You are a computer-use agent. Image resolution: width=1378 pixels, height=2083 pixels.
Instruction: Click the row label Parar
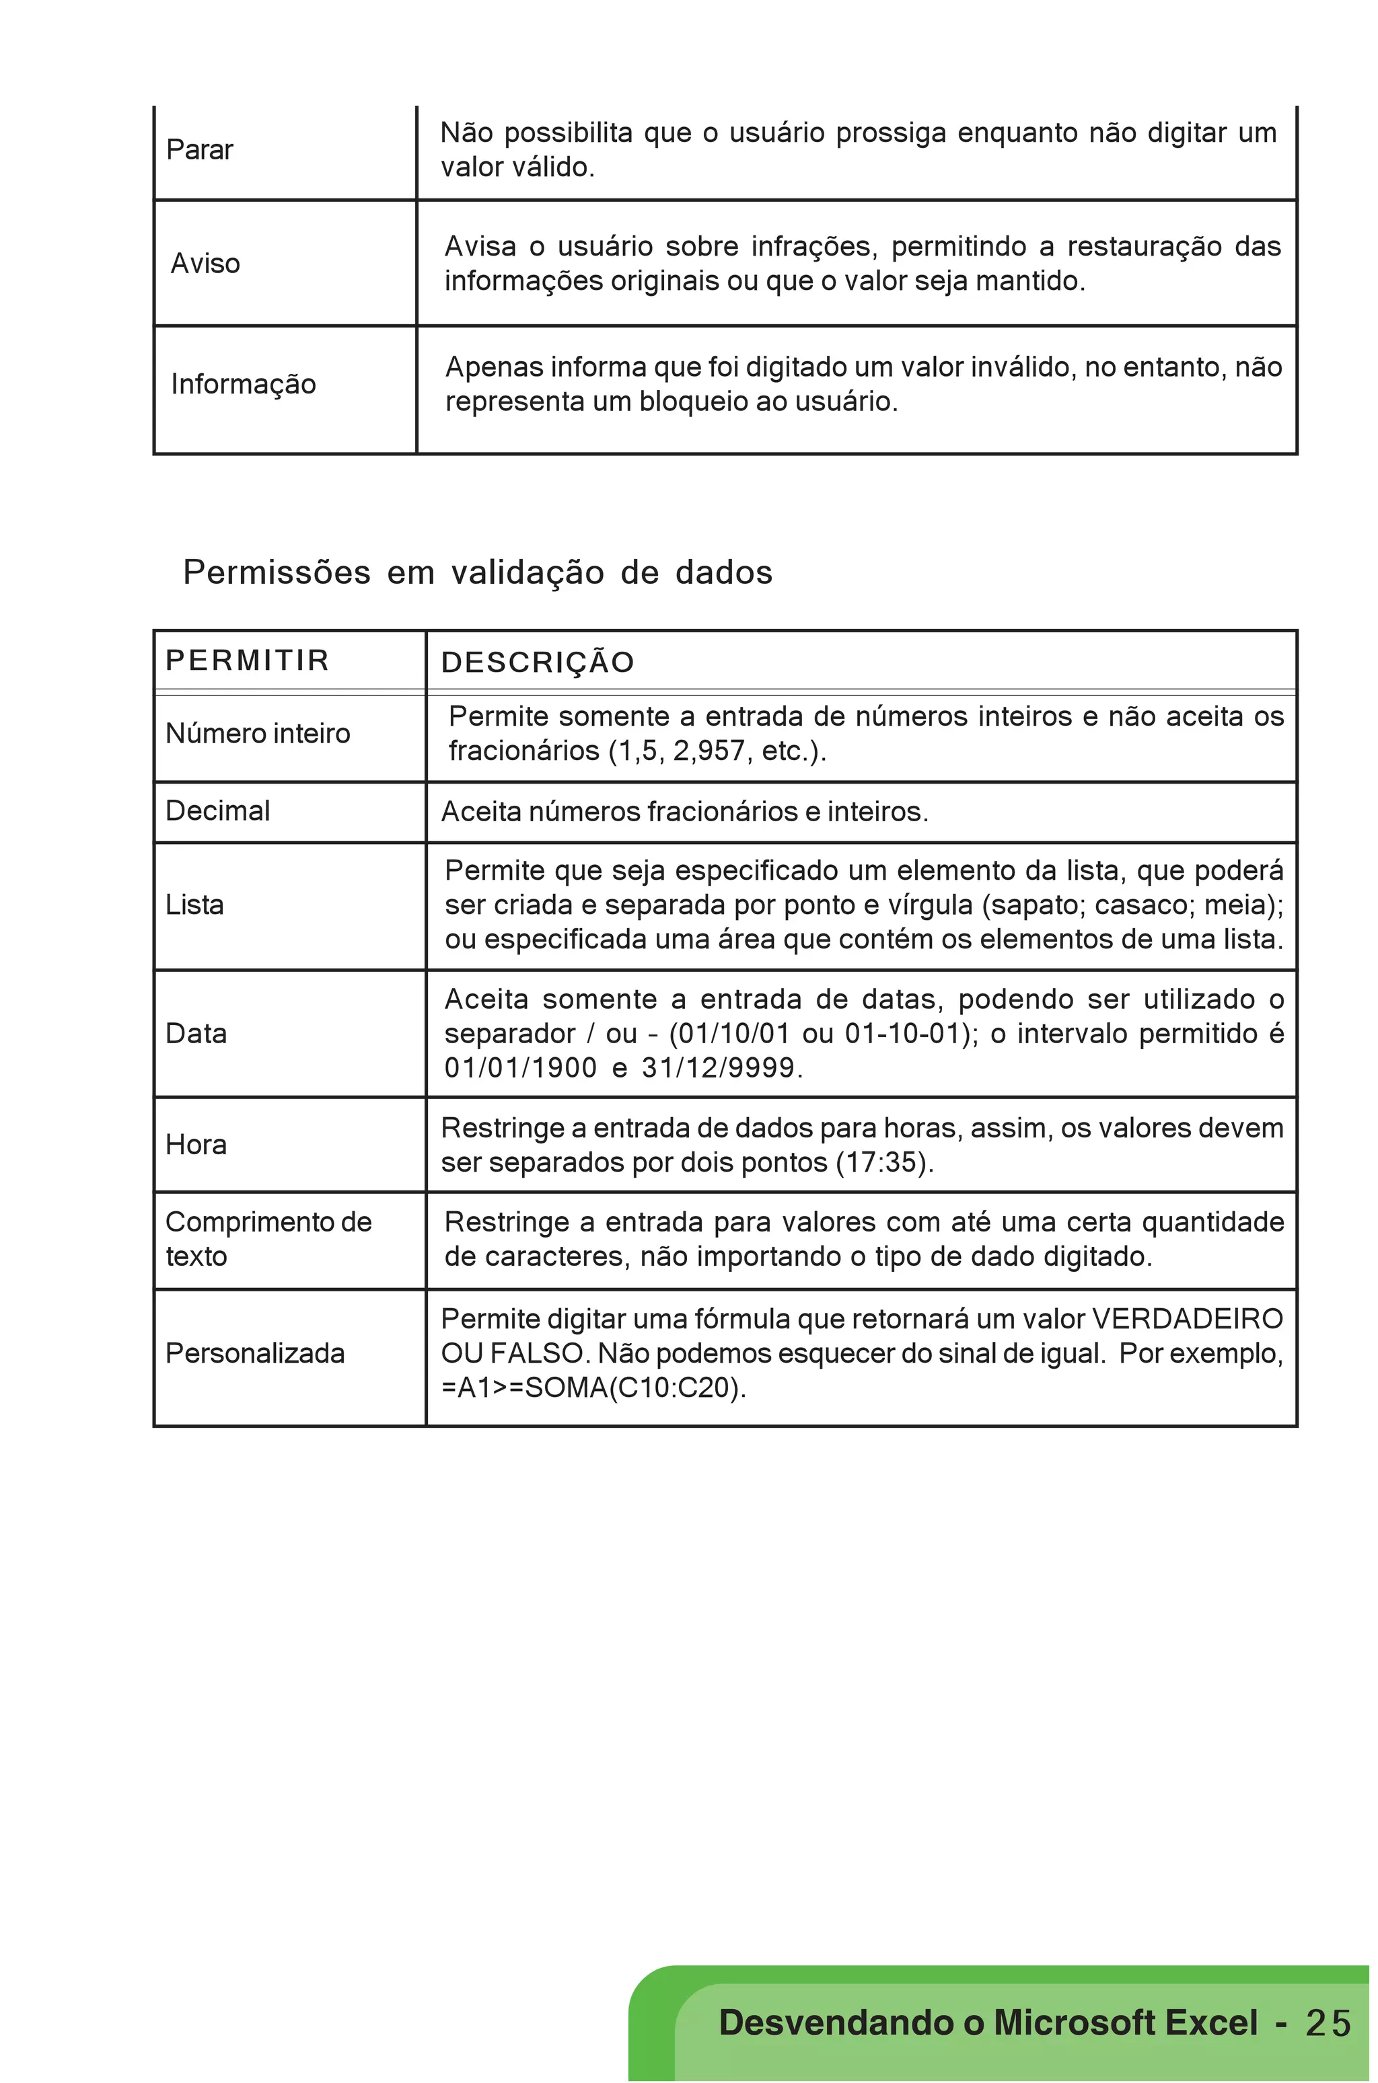(199, 150)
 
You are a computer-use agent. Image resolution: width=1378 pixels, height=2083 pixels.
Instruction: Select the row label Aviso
(205, 264)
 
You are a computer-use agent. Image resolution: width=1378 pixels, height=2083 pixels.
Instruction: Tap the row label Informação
(244, 384)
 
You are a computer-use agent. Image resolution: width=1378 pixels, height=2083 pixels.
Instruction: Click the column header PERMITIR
(247, 660)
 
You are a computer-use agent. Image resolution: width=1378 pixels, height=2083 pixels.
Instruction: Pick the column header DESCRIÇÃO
(537, 662)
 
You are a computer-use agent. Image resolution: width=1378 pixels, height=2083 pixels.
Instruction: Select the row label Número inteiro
(258, 734)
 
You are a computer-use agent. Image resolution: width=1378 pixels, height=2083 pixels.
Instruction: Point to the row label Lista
(195, 905)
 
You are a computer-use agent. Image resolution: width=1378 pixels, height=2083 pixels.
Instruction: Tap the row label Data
(196, 1034)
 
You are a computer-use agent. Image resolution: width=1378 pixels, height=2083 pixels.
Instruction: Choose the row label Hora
(196, 1145)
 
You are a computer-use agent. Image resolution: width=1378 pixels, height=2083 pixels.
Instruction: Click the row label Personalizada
(255, 1353)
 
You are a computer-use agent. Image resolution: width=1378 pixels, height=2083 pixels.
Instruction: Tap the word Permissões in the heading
(277, 573)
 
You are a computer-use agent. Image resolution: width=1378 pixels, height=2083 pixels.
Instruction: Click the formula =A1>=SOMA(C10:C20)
(593, 1388)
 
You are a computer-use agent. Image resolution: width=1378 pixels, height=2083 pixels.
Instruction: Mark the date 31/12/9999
(718, 1068)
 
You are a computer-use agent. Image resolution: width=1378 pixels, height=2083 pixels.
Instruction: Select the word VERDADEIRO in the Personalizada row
(1186, 1319)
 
